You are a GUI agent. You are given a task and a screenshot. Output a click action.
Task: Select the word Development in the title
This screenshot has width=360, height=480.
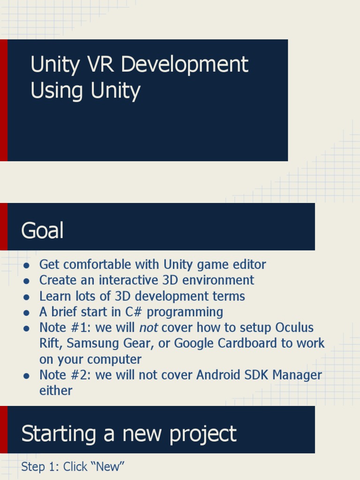coord(184,65)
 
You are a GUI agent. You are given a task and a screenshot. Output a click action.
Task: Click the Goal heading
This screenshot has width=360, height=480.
coord(42,231)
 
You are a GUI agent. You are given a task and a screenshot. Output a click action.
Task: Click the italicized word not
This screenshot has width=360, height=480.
coord(148,328)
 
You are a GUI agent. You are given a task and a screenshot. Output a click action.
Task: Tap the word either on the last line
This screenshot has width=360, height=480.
coord(55,391)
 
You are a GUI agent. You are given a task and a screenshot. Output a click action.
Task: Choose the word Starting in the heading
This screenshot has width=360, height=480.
coord(58,434)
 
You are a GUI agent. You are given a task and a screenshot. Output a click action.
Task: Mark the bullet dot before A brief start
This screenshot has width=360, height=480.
coord(27,313)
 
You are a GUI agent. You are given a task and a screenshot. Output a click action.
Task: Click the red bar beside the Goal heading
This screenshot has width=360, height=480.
coord(4,226)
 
